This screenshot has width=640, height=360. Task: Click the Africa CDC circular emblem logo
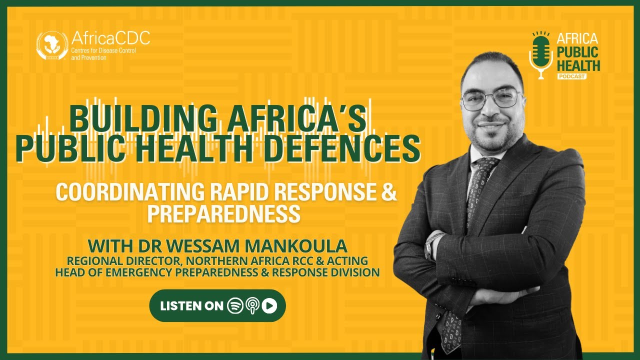[x=52, y=45]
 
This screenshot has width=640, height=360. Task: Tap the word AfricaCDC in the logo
[x=110, y=38]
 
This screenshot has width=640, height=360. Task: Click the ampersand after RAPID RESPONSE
[x=389, y=192]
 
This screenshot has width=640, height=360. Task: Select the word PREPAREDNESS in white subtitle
[x=224, y=214]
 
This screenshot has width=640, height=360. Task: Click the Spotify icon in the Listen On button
[x=235, y=306]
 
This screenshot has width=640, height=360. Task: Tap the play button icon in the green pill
[x=269, y=306]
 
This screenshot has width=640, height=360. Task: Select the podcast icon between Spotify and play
[x=252, y=306]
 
